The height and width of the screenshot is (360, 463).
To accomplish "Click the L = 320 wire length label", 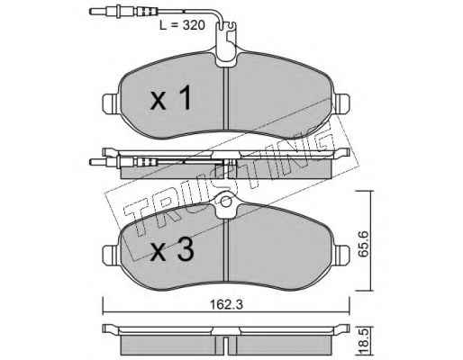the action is (x=182, y=25).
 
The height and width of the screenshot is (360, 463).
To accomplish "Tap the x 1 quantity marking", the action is (x=171, y=97).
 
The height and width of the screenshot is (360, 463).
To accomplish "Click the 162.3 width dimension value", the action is (x=226, y=305).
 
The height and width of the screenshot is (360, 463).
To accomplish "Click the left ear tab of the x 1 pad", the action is (x=111, y=104).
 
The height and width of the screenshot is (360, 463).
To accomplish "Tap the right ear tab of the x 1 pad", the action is (x=341, y=104).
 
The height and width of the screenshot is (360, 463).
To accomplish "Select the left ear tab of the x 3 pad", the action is (x=111, y=256).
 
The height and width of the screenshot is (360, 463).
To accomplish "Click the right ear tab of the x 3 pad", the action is (x=341, y=256).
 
